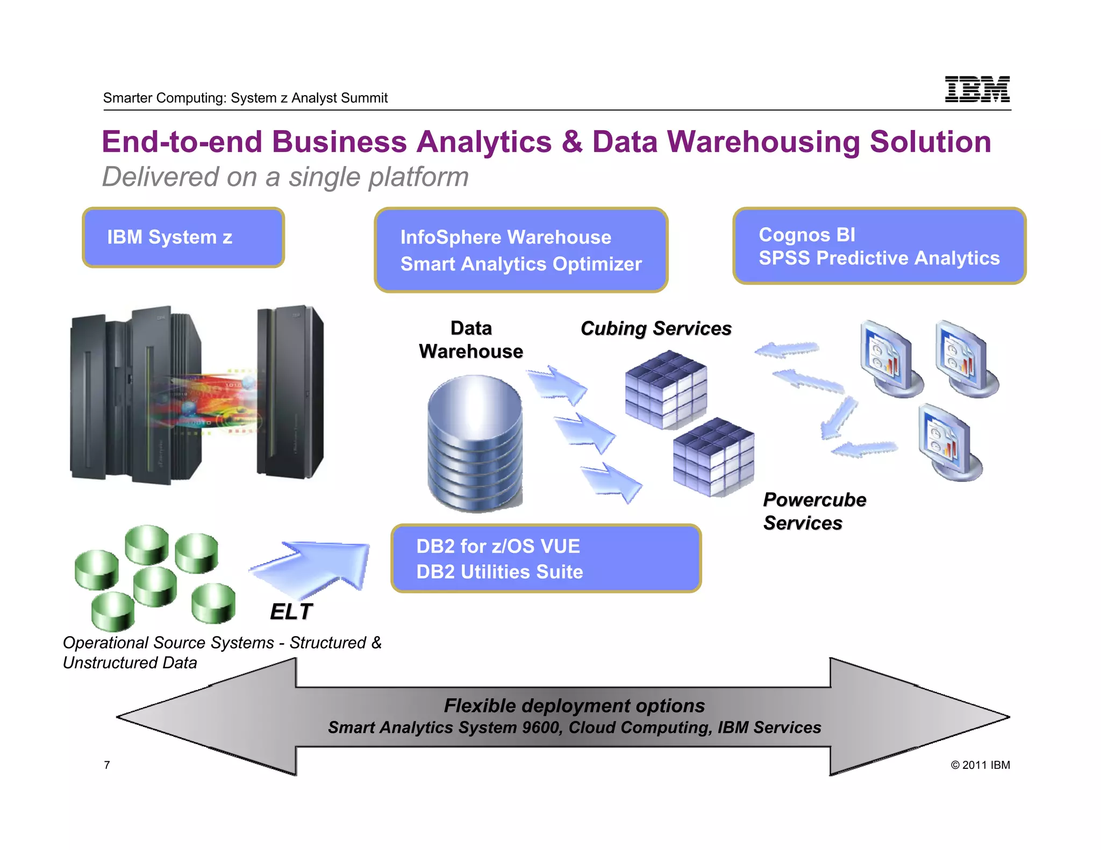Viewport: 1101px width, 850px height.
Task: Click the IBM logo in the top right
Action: tap(977, 89)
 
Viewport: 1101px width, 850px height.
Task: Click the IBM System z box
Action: tap(183, 237)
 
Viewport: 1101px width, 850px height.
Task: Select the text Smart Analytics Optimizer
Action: tap(520, 264)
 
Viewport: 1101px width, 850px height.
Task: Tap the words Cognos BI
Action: tap(806, 235)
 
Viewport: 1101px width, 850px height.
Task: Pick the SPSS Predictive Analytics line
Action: tap(878, 258)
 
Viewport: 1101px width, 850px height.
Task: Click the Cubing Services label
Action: tap(655, 328)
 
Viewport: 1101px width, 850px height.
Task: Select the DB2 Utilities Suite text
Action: tap(499, 572)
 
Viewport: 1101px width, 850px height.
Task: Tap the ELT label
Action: tap(291, 611)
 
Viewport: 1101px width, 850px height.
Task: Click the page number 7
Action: tap(107, 765)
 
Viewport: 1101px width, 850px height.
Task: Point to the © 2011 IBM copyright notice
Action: tap(980, 765)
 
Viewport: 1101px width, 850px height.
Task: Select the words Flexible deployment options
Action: tap(574, 705)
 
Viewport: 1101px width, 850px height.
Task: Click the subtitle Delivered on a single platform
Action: tap(285, 177)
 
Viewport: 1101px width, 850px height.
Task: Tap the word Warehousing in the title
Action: tap(763, 142)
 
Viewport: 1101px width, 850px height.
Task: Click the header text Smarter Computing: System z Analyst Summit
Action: tap(245, 98)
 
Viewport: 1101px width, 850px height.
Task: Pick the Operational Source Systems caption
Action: tap(221, 652)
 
